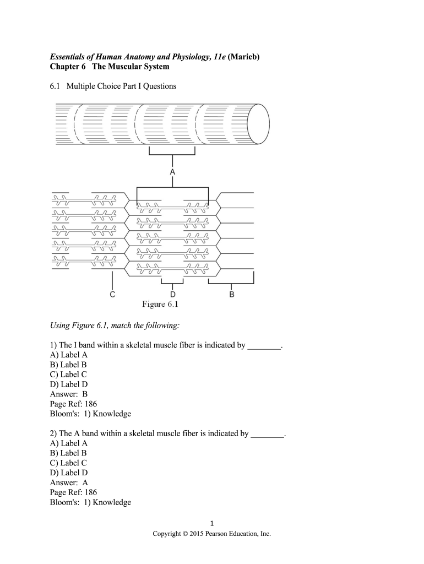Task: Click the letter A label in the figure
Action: (172, 172)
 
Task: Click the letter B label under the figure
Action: (232, 295)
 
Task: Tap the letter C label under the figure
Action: (112, 295)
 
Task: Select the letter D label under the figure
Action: (172, 295)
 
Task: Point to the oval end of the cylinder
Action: (258, 123)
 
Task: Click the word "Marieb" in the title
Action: (243, 56)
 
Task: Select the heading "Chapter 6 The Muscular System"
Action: (110, 67)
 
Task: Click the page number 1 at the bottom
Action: (212, 523)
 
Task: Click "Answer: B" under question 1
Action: (69, 394)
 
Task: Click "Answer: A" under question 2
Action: (69, 482)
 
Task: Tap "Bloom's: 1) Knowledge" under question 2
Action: (90, 502)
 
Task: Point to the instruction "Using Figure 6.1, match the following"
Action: (115, 326)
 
